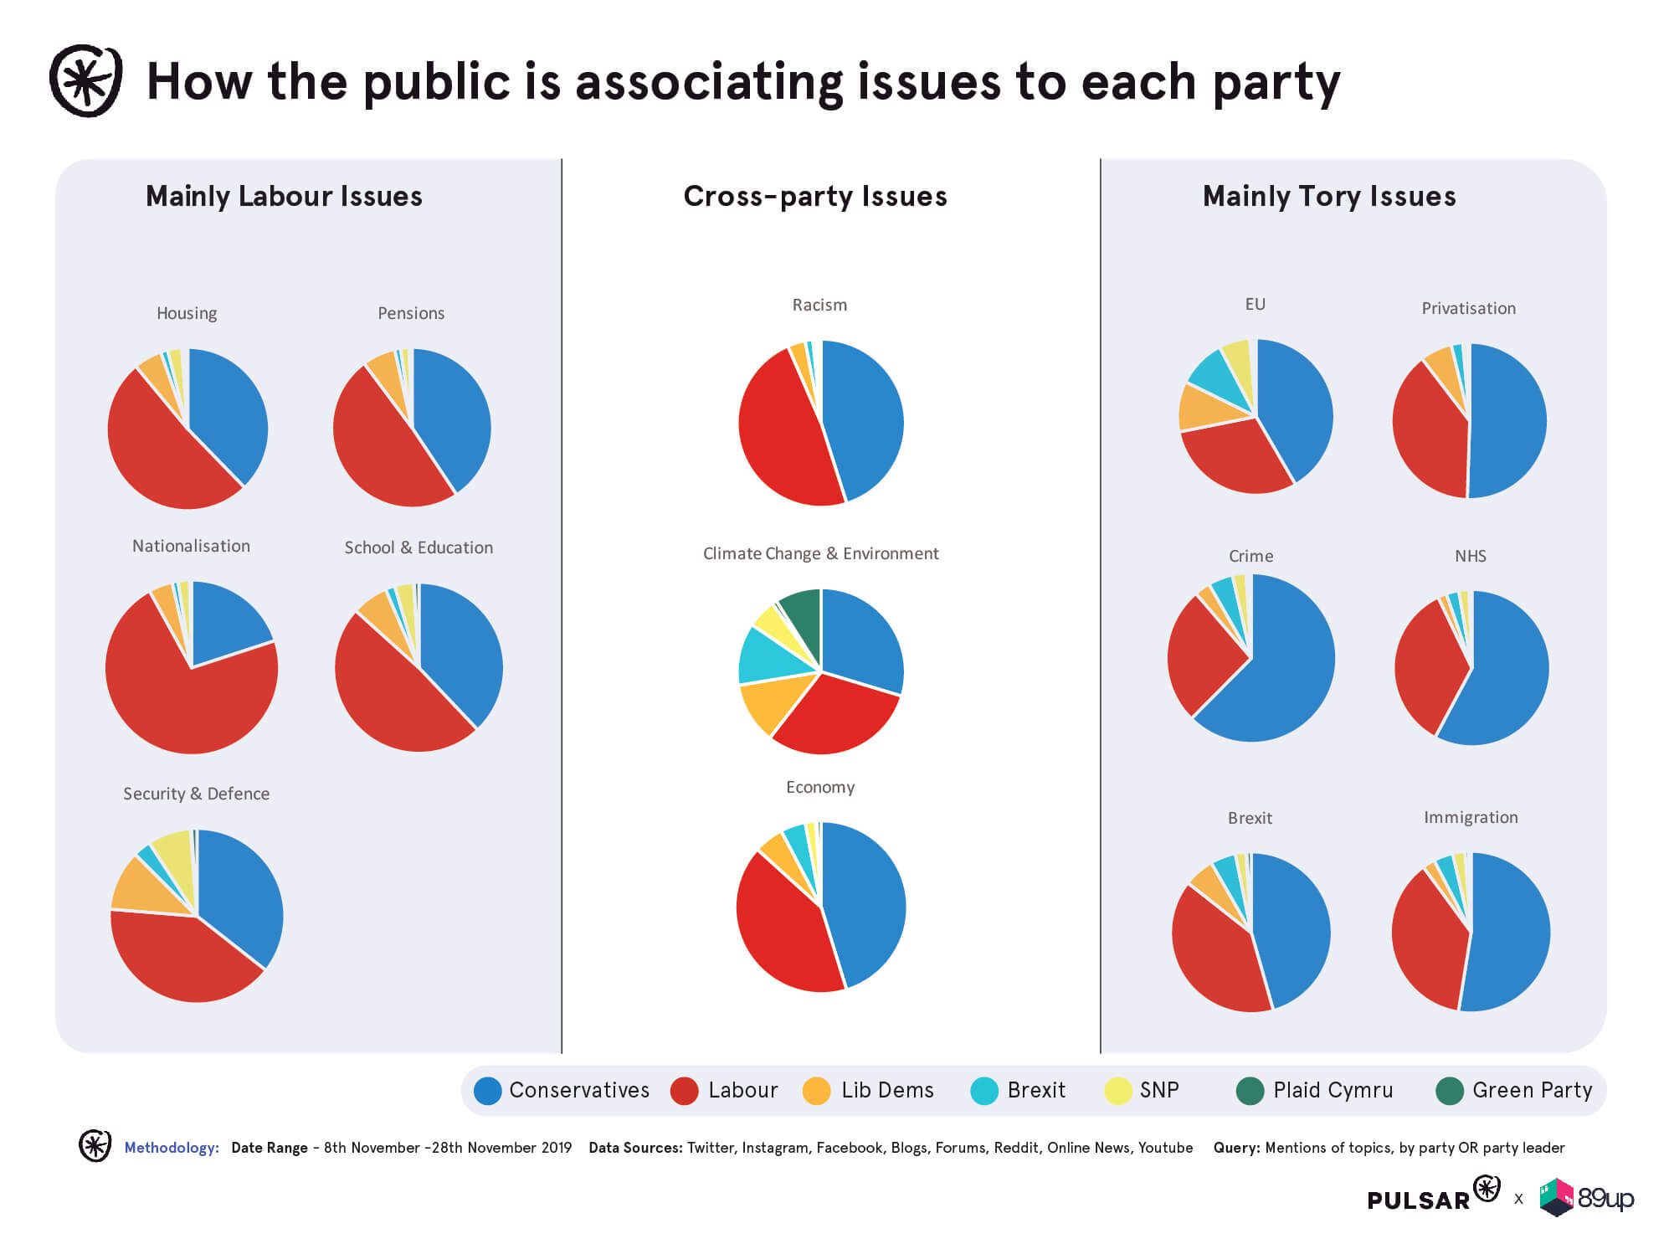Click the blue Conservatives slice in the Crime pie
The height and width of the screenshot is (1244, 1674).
[x=1281, y=670]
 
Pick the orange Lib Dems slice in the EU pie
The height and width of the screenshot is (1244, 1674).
[x=1205, y=406]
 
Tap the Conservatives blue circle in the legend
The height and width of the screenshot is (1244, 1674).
[x=487, y=1091]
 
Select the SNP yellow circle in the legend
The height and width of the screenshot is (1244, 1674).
[x=1117, y=1091]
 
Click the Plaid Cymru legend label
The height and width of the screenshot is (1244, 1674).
[x=1333, y=1090]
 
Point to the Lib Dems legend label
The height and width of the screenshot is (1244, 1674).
[x=887, y=1090]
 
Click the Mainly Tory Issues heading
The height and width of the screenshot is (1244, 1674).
[x=1329, y=196]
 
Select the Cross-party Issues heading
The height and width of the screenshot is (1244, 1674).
[x=815, y=196]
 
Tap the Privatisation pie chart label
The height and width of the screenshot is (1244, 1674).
[x=1468, y=308]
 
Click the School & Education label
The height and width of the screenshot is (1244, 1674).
[x=418, y=547]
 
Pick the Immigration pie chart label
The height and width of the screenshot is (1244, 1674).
[x=1471, y=817]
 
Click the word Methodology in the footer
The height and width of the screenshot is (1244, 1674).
[x=172, y=1148]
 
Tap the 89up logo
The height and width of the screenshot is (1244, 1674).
[x=1587, y=1198]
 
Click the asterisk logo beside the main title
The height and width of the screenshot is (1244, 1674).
[x=85, y=81]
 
